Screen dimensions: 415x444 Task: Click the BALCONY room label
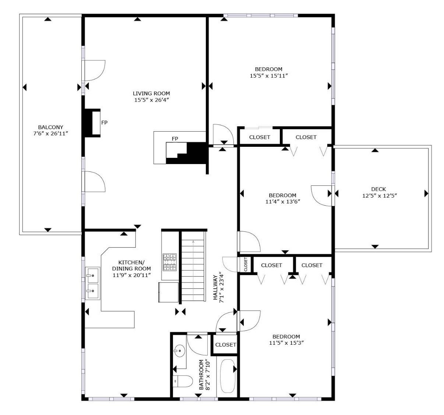tap(50, 127)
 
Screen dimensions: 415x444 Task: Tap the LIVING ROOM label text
tap(151, 93)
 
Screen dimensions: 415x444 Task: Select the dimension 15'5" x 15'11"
tap(268, 76)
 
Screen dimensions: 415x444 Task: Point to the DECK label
tap(379, 189)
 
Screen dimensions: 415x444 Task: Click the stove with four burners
tap(170, 262)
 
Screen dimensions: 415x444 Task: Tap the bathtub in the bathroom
tap(227, 377)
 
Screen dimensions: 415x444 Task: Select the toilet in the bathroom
tap(183, 381)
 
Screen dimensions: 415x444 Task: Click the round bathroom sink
tap(179, 351)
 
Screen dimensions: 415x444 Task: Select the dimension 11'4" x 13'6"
tap(282, 202)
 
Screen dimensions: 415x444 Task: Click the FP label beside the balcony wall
tap(104, 123)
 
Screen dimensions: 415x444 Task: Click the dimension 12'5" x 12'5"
tap(379, 196)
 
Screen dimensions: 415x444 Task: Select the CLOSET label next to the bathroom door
tap(225, 345)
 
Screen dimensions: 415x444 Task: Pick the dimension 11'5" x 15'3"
tap(286, 343)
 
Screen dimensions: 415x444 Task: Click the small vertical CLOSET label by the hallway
tap(246, 265)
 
